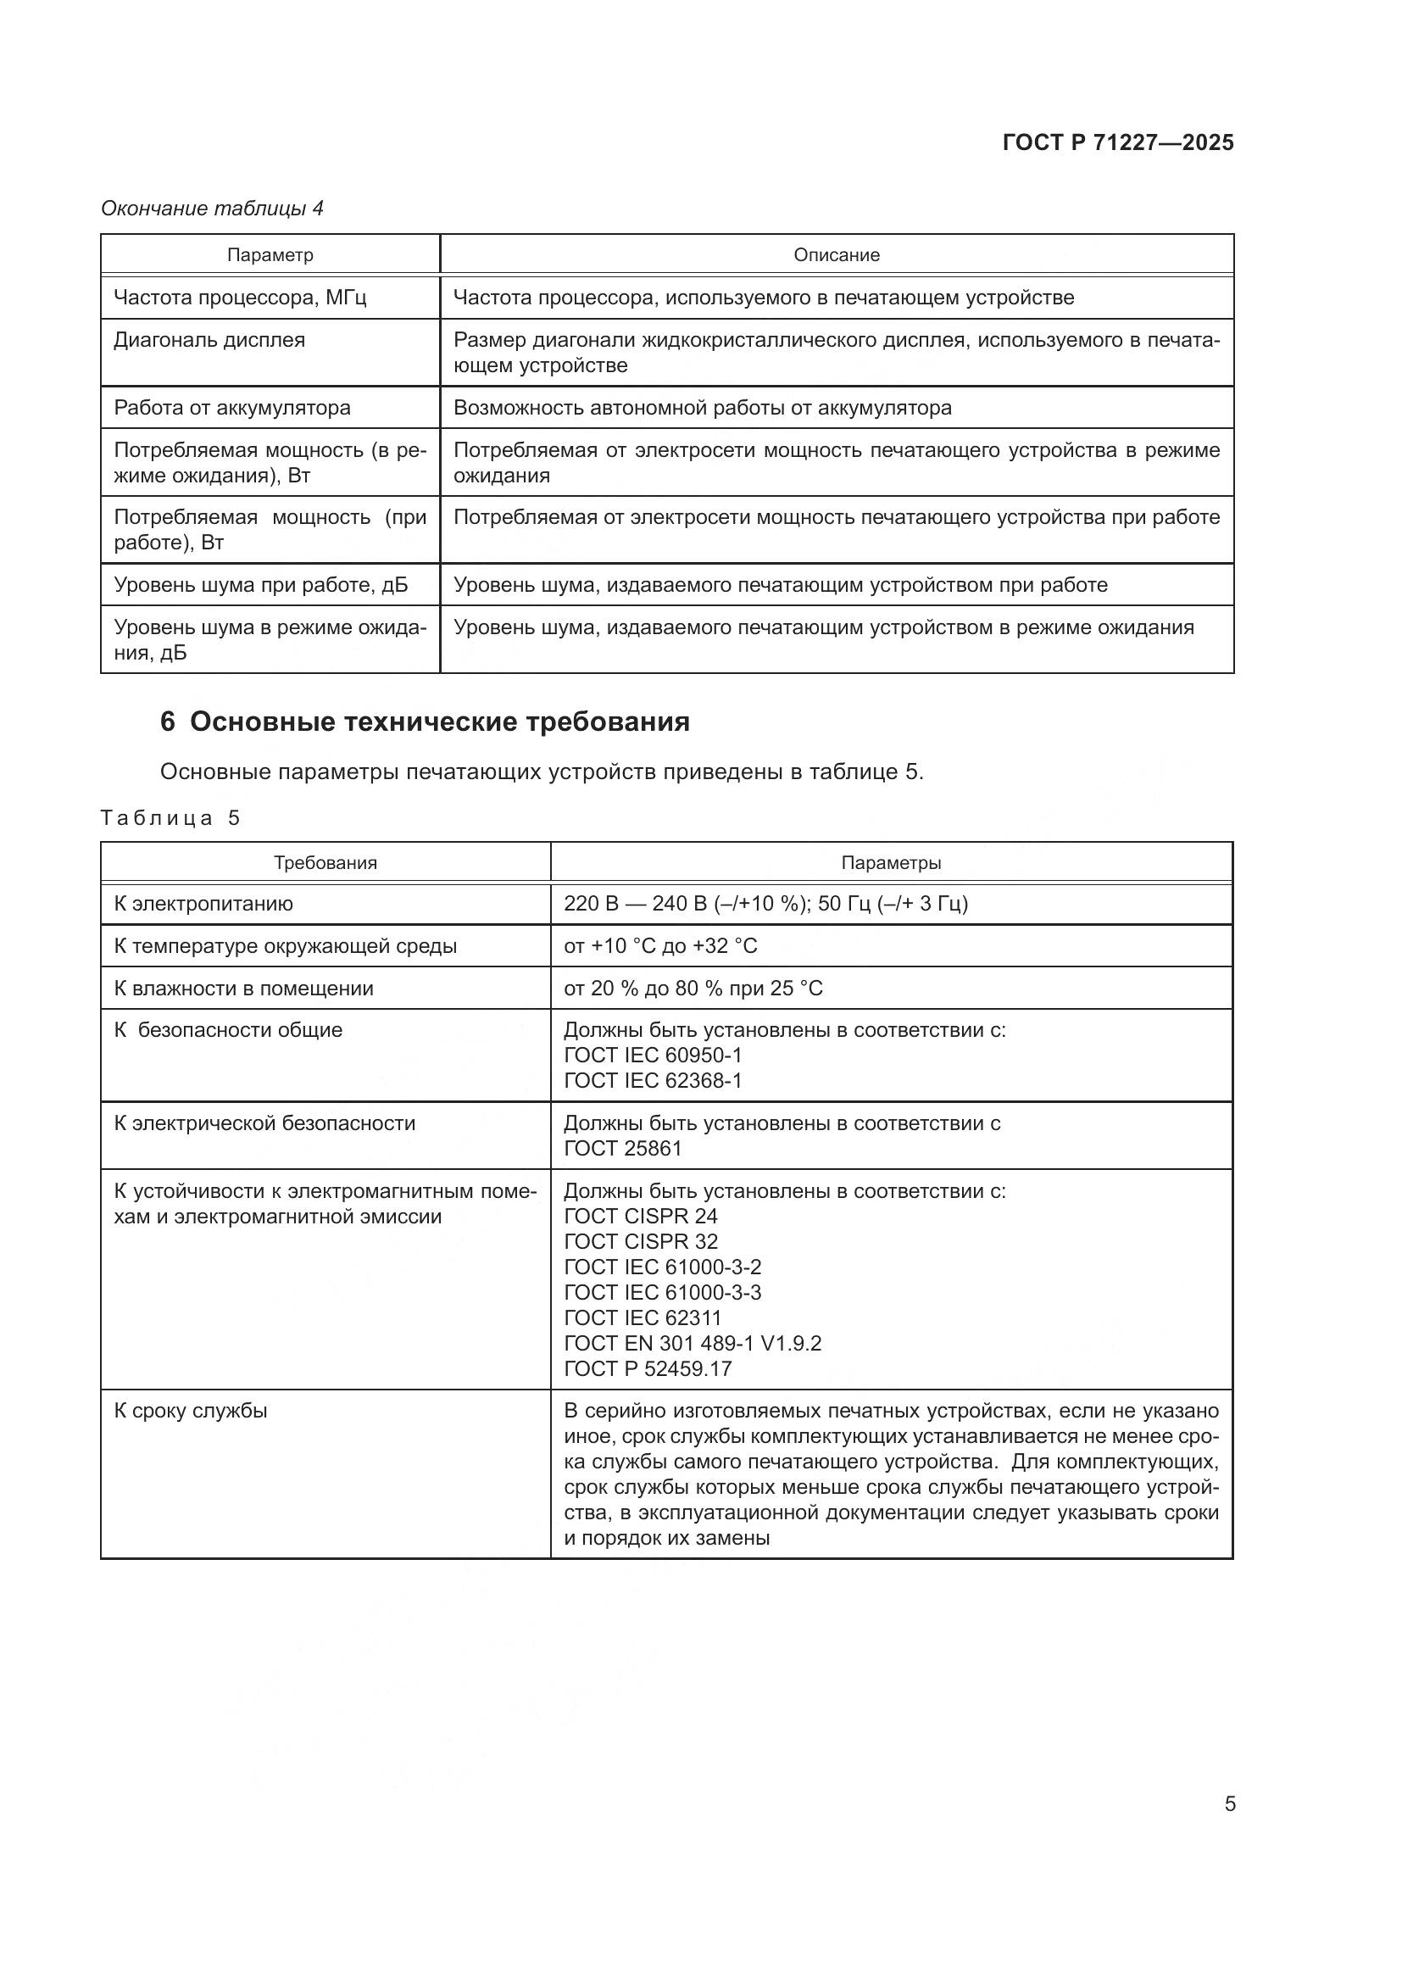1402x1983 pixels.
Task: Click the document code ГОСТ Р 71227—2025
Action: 1118,142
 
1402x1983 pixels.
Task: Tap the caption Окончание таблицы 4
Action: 213,209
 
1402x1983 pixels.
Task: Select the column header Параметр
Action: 270,255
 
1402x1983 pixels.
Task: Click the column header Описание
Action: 837,255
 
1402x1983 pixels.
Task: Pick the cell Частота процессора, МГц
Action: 240,298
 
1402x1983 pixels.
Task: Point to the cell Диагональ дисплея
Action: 209,340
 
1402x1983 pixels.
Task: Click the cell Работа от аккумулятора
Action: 232,408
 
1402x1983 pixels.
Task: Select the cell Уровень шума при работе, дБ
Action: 261,585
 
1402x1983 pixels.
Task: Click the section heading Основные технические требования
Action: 439,721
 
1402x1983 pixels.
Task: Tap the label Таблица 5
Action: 170,818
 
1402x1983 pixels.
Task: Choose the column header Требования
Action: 325,863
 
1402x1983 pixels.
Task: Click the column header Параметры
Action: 891,863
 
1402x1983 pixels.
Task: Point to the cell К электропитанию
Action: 203,904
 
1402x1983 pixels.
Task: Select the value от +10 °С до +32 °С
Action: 660,946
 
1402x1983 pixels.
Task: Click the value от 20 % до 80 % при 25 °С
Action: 693,988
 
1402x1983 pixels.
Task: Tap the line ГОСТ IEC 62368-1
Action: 653,1080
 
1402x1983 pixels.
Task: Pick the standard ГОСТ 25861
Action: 622,1148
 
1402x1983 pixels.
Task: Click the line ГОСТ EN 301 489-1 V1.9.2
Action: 693,1343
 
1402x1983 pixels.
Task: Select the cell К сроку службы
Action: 191,1411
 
